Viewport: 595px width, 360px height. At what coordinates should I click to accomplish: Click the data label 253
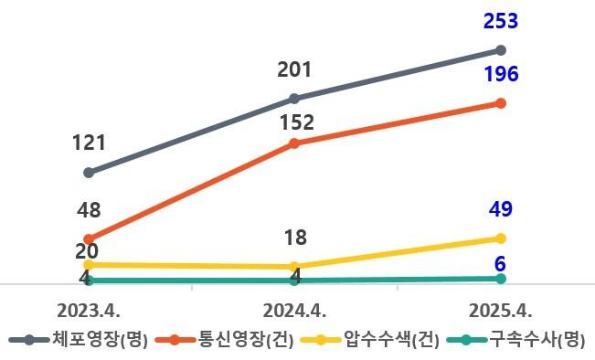(x=500, y=22)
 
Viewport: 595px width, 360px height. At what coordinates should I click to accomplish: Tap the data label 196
(x=500, y=74)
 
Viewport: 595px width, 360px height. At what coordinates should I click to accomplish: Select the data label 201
(x=294, y=69)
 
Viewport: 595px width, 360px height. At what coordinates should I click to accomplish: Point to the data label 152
(x=294, y=122)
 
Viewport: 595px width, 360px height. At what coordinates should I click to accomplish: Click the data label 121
(x=89, y=143)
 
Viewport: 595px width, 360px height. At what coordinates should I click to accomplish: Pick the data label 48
(x=89, y=210)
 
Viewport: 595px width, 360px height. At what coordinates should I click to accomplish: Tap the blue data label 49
(x=500, y=209)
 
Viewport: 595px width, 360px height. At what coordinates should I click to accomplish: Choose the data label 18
(x=294, y=238)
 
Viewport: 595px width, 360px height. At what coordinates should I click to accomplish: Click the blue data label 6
(x=500, y=264)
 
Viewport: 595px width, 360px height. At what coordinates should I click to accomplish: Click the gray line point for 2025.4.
(x=500, y=50)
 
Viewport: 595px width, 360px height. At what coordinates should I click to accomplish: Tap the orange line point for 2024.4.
(x=293, y=143)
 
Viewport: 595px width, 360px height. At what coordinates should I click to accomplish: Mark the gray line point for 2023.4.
(x=89, y=173)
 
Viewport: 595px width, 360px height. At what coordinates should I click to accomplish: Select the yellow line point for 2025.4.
(x=500, y=238)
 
